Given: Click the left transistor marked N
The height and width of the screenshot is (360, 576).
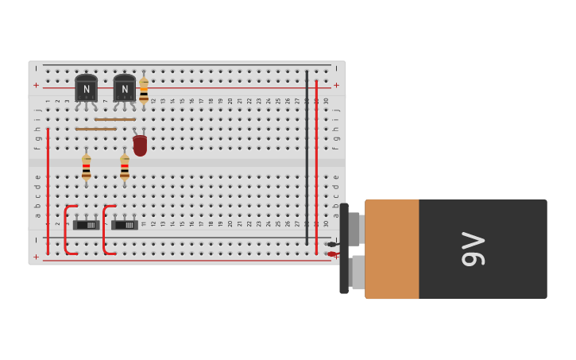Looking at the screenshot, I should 86,89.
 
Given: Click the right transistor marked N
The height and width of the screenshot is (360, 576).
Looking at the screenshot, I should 124,89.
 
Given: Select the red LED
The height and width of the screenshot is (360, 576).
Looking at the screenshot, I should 140,145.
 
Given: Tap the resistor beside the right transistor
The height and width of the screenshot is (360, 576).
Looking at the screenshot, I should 144,90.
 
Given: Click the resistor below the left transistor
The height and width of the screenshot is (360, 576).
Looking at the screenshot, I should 86,167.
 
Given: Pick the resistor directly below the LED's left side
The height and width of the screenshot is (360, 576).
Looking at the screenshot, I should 125,167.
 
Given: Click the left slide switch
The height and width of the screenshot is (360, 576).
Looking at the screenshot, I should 87,224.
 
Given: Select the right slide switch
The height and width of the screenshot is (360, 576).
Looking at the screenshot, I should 125,224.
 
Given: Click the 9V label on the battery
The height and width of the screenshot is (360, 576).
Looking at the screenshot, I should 474,249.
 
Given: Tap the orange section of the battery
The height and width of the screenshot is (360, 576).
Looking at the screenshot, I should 392,249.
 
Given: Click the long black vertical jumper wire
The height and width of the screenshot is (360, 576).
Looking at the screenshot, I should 307,151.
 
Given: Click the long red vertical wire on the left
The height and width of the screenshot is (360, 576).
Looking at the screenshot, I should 48,191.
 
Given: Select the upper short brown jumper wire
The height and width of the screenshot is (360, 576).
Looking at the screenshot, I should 115,119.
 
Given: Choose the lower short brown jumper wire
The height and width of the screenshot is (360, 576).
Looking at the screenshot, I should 96,129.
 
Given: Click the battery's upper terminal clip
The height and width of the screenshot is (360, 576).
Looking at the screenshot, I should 355,229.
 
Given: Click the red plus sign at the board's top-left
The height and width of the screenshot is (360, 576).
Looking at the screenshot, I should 36,85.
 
